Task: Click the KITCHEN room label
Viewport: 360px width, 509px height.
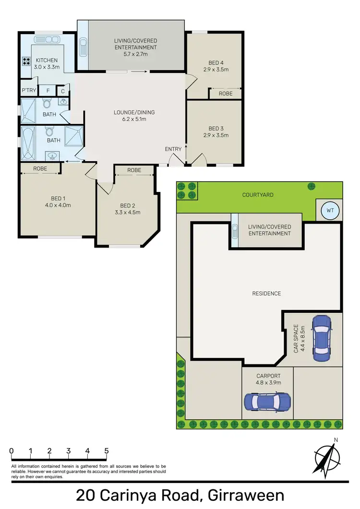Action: coord(47,60)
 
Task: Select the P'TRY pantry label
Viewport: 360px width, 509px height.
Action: coord(27,91)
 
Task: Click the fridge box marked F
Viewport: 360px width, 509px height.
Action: coord(47,91)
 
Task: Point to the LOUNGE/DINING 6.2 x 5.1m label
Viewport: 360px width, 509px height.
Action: coord(134,116)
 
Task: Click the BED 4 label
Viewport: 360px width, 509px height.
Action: coord(216,62)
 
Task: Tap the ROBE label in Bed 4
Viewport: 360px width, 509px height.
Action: coord(225,94)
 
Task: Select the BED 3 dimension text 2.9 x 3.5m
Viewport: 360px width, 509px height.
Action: coord(216,135)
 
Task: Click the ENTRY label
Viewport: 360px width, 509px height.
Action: coord(173,149)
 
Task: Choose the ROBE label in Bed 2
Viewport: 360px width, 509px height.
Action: coord(134,170)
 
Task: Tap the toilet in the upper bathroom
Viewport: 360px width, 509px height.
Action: coord(47,104)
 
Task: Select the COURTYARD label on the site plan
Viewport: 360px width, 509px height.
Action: coord(258,195)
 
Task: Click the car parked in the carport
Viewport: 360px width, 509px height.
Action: coord(267,401)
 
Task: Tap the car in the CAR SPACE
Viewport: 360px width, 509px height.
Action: coord(321,338)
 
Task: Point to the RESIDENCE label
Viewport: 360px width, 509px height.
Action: coord(267,293)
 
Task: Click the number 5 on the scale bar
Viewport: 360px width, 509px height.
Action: coord(106,451)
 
